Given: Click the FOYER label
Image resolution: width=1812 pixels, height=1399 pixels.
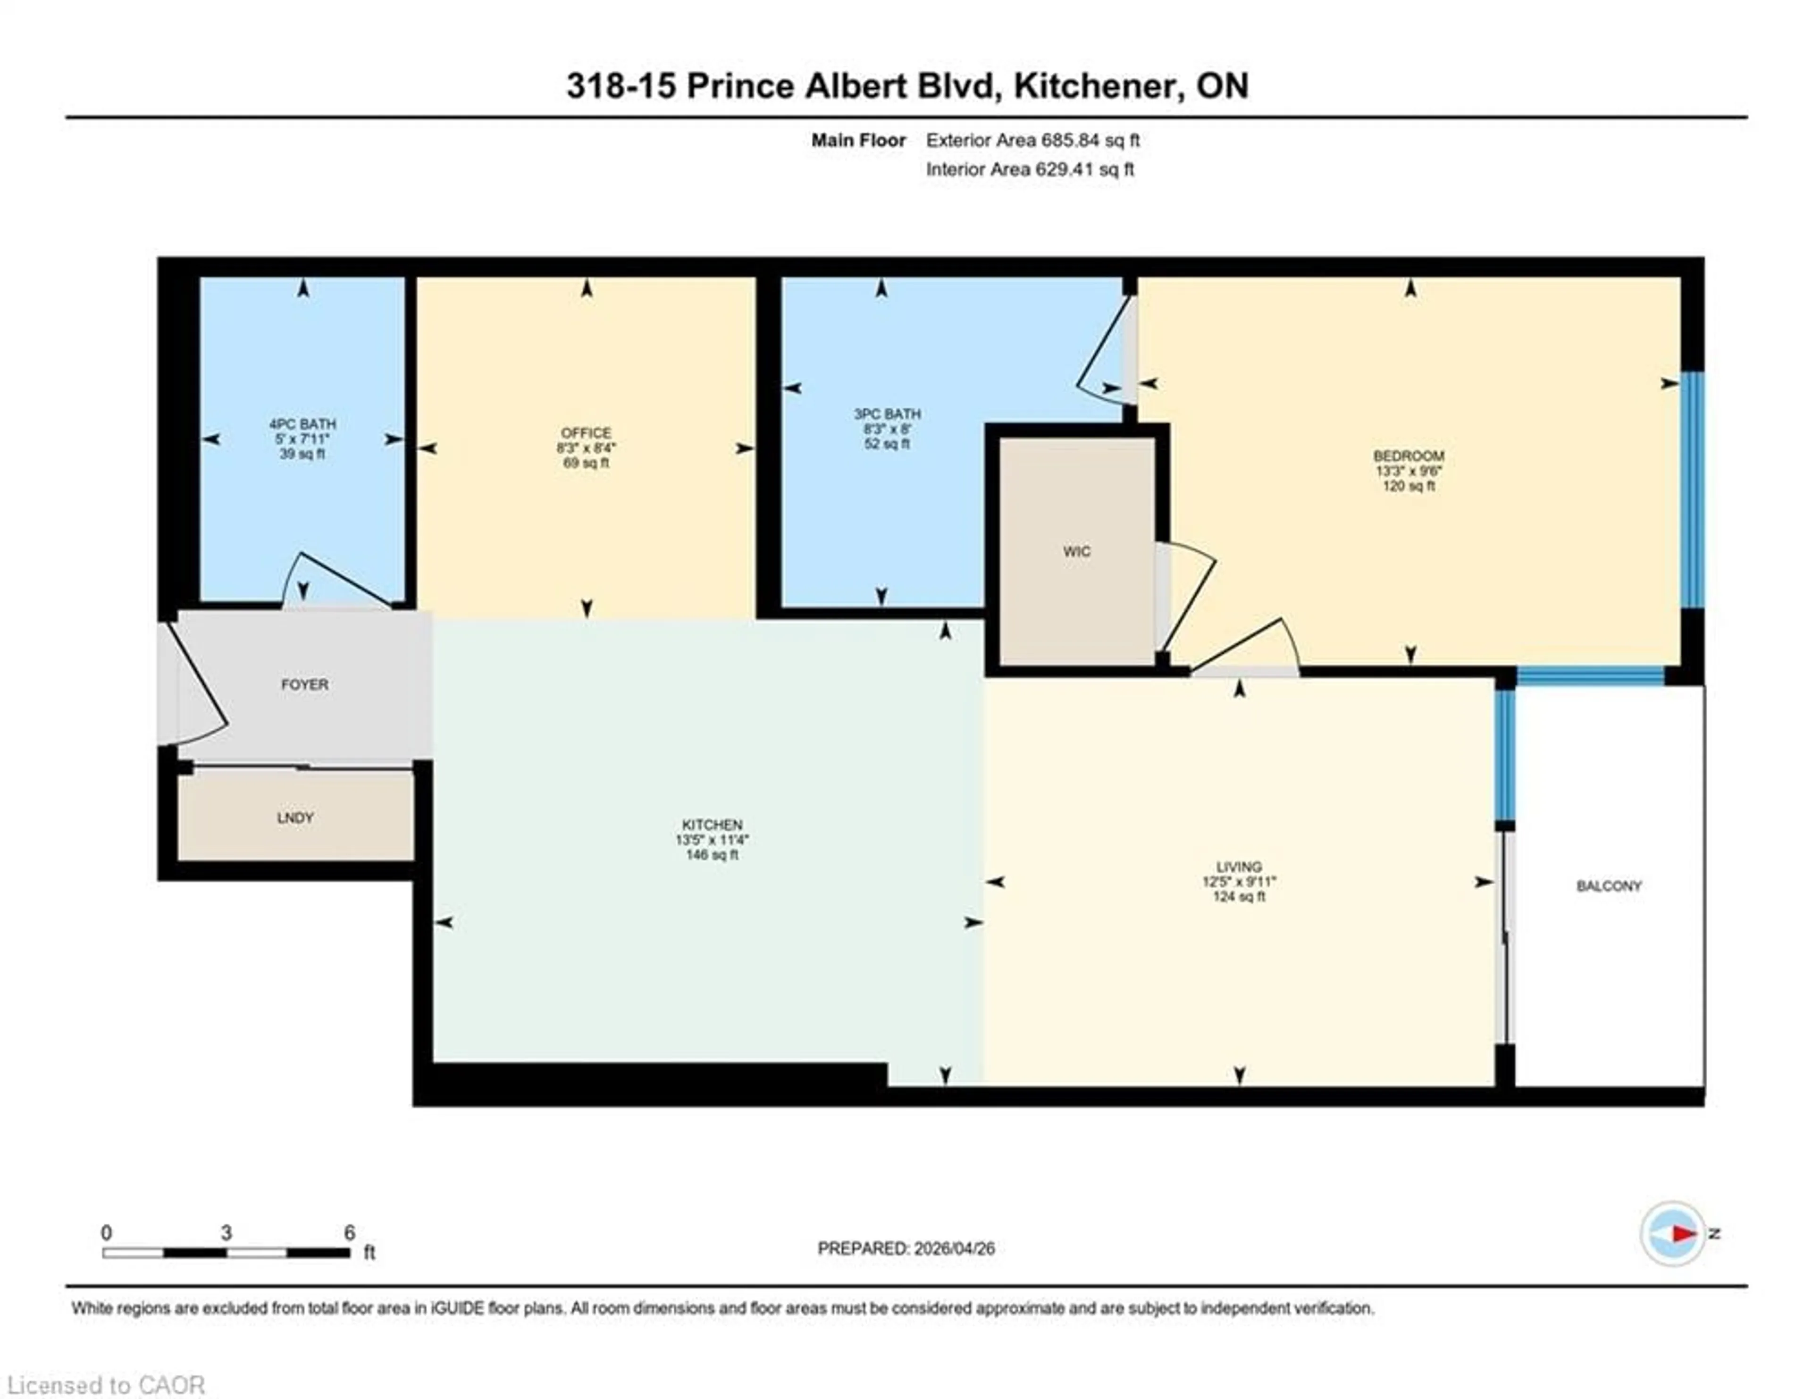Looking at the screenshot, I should pyautogui.click(x=304, y=684).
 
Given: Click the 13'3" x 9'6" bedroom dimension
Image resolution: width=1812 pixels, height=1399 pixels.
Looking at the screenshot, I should pyautogui.click(x=1408, y=471).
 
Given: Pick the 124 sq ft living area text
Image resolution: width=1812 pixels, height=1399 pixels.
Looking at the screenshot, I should pyautogui.click(x=1239, y=896).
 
